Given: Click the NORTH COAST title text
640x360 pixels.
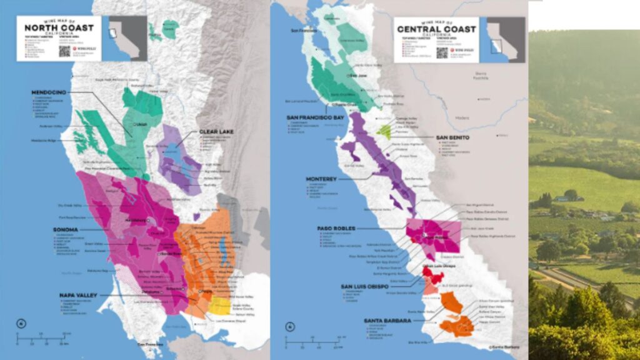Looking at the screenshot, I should coord(59,27).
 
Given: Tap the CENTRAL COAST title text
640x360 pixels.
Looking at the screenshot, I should coord(436,29).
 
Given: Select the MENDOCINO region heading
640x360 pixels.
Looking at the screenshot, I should coord(49,92).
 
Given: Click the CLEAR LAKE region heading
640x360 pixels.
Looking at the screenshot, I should coord(216,132).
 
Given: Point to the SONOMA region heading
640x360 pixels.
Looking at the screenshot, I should coord(65,229).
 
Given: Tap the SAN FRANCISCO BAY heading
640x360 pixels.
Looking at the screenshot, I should coord(316,117).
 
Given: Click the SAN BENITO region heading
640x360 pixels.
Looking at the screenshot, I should coord(453,137).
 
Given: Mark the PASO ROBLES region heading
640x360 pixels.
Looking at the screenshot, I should coord(336,228).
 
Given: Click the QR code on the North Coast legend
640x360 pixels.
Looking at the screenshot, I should coord(65,50).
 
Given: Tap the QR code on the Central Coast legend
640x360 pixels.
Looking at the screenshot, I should coord(442,52).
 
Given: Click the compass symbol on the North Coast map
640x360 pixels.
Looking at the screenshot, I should coord(22,323).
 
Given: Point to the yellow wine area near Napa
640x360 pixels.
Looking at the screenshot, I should coord(219,306).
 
